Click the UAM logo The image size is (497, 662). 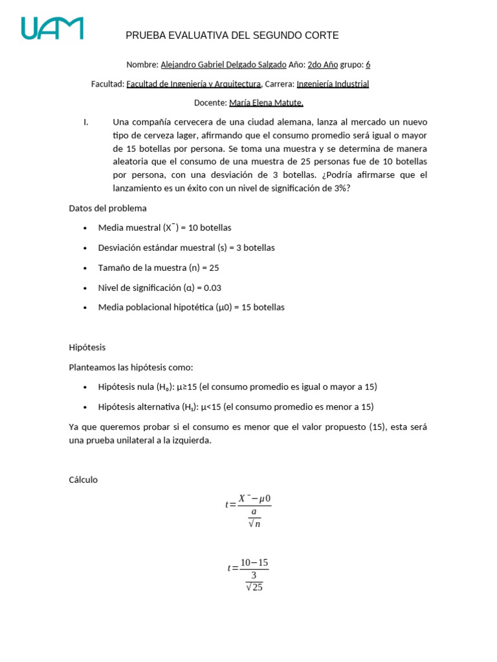coord(52,28)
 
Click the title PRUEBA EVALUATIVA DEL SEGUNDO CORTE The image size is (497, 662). coord(232,36)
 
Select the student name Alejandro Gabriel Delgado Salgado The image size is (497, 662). coord(223,65)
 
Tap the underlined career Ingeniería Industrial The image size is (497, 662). coord(333,83)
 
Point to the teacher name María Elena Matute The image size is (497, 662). coord(266,103)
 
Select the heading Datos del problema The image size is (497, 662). coord(107,208)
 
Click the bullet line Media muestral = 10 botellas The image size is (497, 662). coord(164,228)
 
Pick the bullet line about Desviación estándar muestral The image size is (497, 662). coord(186,248)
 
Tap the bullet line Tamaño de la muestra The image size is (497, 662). coord(159,268)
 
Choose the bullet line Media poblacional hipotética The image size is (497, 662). coord(191,307)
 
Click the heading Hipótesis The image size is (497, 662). coord(87,347)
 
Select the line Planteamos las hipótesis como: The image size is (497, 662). coord(131,367)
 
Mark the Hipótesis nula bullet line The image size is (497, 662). coord(237,387)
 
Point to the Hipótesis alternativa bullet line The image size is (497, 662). coord(236,407)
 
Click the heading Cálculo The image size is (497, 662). coord(83,480)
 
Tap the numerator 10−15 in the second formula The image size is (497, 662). coord(254,563)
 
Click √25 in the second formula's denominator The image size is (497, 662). coord(254,587)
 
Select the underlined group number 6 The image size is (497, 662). coord(368,65)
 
